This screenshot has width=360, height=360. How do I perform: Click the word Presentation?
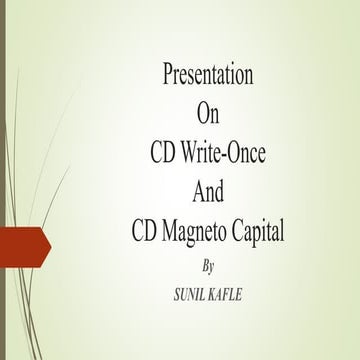point(208,75)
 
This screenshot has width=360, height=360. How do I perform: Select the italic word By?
point(208,266)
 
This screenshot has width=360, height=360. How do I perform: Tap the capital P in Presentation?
point(167,75)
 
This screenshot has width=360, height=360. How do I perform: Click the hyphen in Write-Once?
point(229,155)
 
